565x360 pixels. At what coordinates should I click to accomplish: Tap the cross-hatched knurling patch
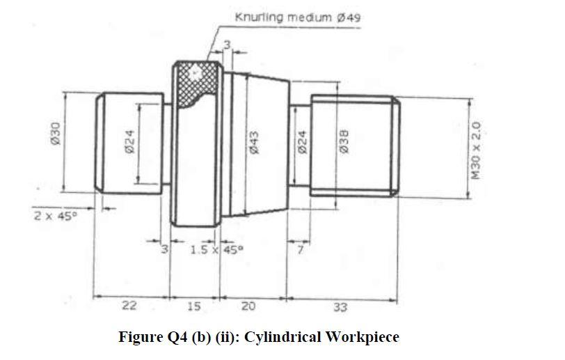[196, 81]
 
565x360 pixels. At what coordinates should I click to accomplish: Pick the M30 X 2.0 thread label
[476, 150]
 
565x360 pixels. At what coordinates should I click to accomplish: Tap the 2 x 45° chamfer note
[55, 217]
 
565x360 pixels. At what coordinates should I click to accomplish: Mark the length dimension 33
[341, 306]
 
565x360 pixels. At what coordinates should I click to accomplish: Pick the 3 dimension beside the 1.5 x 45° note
[166, 249]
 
